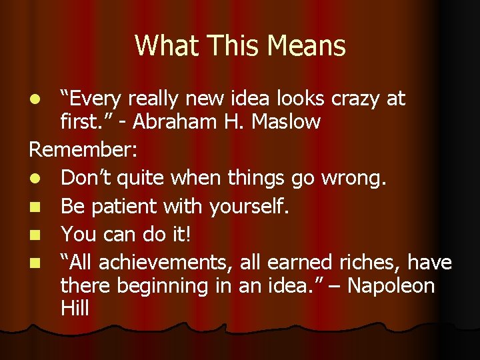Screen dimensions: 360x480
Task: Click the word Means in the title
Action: coord(309,46)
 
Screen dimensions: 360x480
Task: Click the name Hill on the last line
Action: coord(74,309)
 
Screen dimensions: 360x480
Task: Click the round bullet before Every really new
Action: coord(39,100)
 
